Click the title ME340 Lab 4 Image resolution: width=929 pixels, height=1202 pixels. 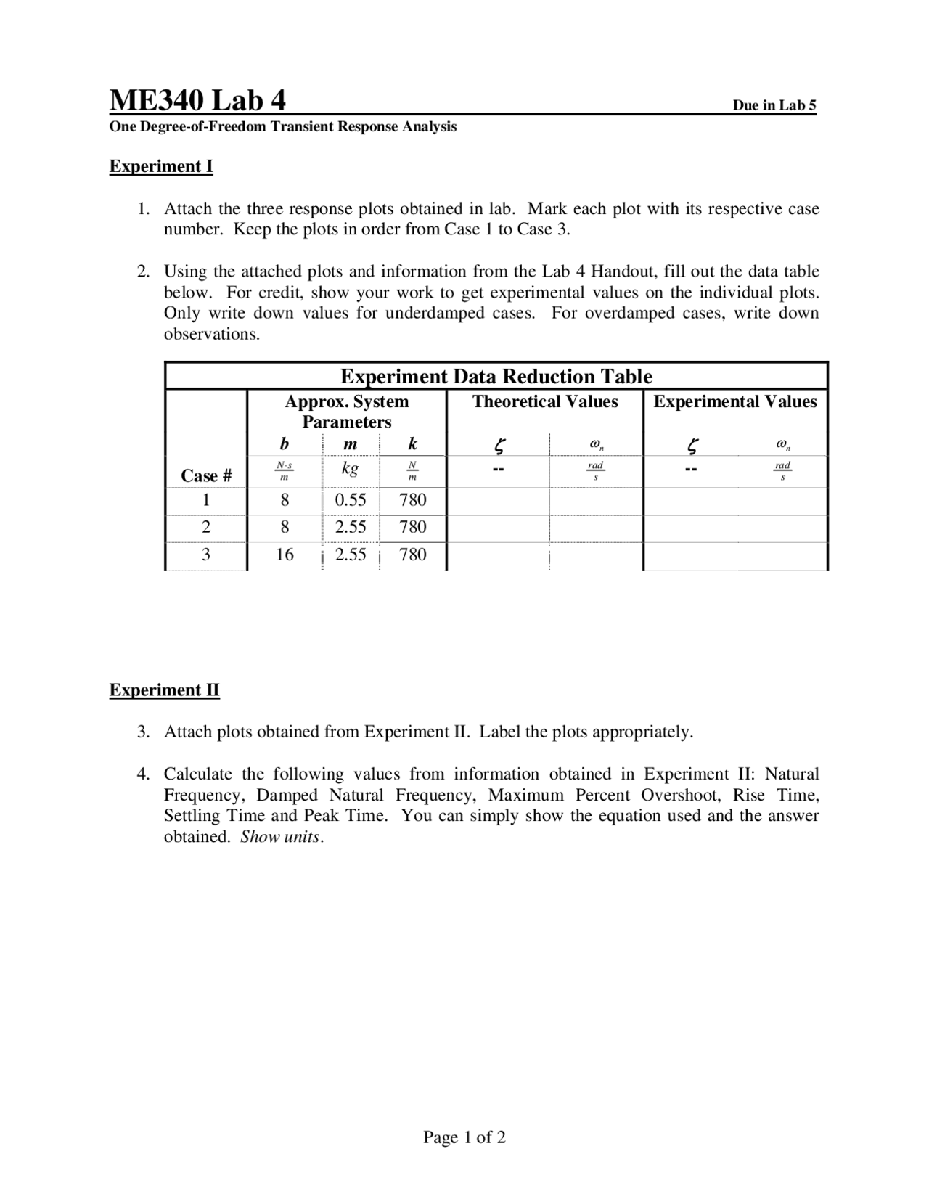coord(197,99)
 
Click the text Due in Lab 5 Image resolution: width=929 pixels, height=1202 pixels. coord(774,105)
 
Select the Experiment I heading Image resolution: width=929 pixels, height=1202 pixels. coord(161,166)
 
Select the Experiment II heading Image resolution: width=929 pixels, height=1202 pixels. coord(164,690)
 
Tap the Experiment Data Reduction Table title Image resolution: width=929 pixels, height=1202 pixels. coord(496,376)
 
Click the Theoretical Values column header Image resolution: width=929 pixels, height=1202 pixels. coord(545,401)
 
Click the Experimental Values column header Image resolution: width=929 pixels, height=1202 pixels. coord(734,401)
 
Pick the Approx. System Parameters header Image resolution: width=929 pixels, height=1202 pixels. coord(346,412)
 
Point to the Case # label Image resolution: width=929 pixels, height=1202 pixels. coord(206,475)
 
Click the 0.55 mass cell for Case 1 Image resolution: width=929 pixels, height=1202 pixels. coord(350,499)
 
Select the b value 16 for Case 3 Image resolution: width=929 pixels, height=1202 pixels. coord(285,555)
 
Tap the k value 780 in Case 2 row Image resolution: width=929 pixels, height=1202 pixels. coord(412,527)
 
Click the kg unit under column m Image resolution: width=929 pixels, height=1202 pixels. coord(350,468)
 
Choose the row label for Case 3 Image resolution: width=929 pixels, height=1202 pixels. coord(206,555)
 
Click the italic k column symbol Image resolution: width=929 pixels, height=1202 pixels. coord(412,443)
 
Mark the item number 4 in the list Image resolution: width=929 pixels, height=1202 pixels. coord(143,774)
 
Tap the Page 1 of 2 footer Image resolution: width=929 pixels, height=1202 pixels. coord(464,1137)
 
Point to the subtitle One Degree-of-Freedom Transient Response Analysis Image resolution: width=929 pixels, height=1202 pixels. coord(283,127)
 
